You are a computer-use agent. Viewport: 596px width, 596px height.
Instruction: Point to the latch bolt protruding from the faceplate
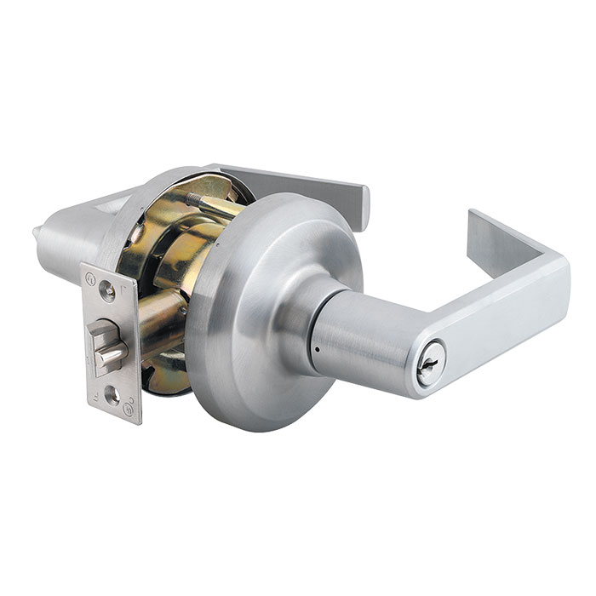tap(109, 350)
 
